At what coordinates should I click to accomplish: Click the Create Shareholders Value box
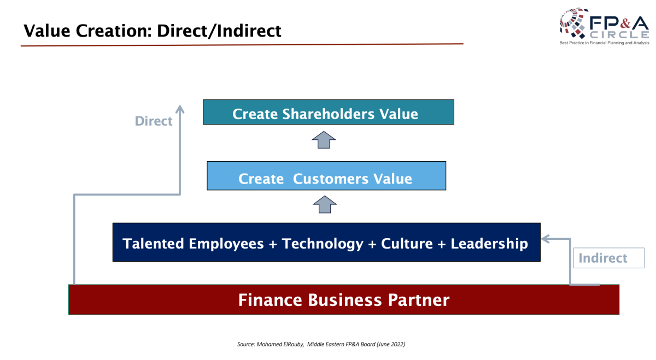[329, 112]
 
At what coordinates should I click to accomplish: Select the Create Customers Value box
[326, 175]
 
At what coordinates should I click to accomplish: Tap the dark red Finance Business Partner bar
[344, 300]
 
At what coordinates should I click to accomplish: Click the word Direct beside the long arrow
[154, 121]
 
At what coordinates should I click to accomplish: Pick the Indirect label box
[608, 258]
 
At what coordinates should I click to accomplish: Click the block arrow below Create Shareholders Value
[324, 140]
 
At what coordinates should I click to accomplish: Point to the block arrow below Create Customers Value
[325, 204]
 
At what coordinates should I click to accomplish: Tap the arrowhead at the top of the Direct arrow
[180, 109]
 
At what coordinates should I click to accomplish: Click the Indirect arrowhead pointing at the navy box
[546, 239]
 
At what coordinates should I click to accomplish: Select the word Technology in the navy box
[323, 244]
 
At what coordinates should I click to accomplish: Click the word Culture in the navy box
[407, 244]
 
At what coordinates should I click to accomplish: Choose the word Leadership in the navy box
[489, 244]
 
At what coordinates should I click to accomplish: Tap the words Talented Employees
[193, 244]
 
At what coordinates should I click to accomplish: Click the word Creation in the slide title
[114, 31]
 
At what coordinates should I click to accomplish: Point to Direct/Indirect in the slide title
[219, 31]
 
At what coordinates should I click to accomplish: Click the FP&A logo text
[619, 23]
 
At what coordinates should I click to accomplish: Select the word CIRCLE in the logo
[619, 35]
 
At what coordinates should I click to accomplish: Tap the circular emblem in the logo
[573, 23]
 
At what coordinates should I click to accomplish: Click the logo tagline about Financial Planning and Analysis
[604, 43]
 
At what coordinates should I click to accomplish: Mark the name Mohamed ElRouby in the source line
[280, 344]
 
